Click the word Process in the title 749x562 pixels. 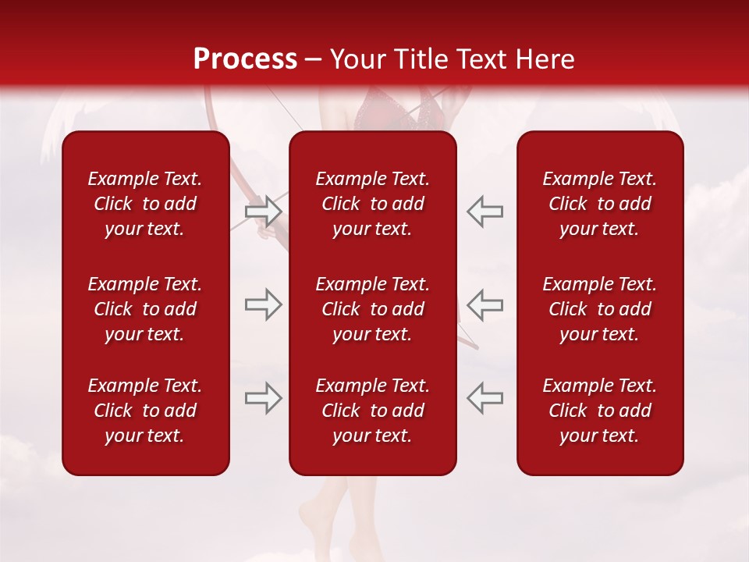pos(245,59)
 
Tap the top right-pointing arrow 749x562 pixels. pos(263,212)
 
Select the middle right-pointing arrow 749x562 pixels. pos(263,304)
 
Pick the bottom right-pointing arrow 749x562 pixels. pos(263,397)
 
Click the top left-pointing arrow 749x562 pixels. pos(485,212)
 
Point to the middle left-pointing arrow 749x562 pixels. pos(485,304)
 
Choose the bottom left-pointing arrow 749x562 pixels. pos(485,397)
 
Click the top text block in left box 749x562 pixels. pos(145,204)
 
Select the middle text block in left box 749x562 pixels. pos(145,309)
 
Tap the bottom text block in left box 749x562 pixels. pos(145,411)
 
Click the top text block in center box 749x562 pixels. pos(373,204)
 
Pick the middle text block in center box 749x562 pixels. pos(373,309)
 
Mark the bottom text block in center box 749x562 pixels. pos(373,411)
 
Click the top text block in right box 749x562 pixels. pos(600,204)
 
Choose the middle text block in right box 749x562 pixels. pos(600,309)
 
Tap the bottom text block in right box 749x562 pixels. pos(600,411)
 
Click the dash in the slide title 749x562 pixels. pos(314,60)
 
